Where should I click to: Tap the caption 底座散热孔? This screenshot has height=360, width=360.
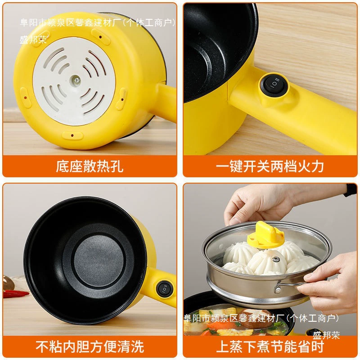90,166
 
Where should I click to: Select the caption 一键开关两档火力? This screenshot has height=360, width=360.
270,166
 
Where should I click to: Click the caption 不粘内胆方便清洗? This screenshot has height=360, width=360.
90,346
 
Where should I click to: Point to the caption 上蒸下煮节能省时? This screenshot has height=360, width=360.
270,346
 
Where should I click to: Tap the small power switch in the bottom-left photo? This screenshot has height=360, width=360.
164,288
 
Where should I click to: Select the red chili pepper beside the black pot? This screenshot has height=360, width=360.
16,293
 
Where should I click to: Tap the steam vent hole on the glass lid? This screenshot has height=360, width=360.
276,259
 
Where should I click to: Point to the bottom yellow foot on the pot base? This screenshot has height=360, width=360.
72,135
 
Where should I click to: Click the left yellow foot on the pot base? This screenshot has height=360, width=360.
26,97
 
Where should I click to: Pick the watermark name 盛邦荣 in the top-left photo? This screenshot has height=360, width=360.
33,40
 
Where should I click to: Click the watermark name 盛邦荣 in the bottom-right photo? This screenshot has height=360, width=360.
326,335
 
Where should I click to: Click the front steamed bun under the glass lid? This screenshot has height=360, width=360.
266,263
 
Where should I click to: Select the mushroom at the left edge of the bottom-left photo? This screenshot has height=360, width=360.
8,283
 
